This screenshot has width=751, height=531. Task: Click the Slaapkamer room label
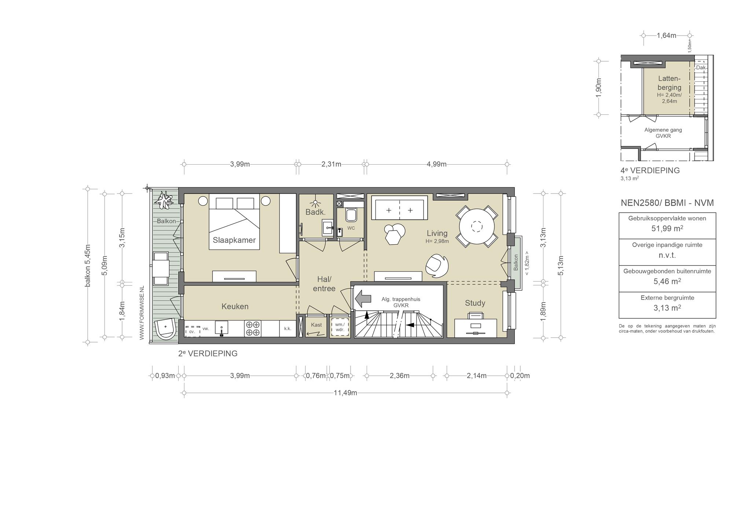[x=234, y=240]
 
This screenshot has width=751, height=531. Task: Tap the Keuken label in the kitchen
[x=235, y=306]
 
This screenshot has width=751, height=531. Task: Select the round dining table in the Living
[x=477, y=226]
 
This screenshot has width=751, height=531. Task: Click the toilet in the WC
[x=351, y=215]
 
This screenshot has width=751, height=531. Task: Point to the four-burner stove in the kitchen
[x=253, y=329]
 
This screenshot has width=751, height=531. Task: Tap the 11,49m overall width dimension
[x=345, y=393]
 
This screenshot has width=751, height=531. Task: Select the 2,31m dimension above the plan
[x=331, y=164]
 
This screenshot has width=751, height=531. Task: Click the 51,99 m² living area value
[x=667, y=228]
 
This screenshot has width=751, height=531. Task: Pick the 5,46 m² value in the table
[x=667, y=281]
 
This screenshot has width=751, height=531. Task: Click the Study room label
[x=475, y=303]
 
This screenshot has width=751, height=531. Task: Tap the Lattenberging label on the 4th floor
[x=669, y=83]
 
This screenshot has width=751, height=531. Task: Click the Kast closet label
[x=316, y=325]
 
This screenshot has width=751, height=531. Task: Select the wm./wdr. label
[x=340, y=327]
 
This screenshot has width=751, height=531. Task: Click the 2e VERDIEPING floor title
[x=208, y=354]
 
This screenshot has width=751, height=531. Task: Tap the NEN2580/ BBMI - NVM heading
[x=667, y=203]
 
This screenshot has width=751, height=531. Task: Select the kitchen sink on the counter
[x=221, y=327]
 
